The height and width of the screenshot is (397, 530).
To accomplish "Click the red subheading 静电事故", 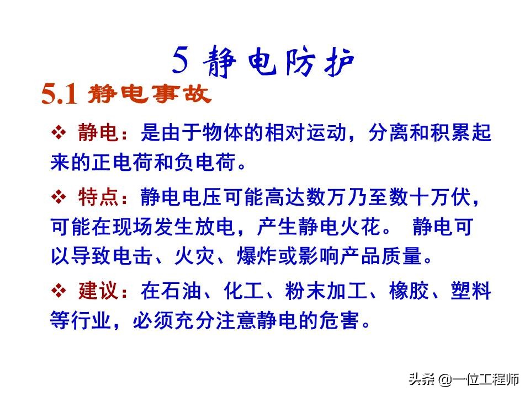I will click(x=150, y=94).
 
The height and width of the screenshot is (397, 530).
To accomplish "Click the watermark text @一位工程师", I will click(x=479, y=379).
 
